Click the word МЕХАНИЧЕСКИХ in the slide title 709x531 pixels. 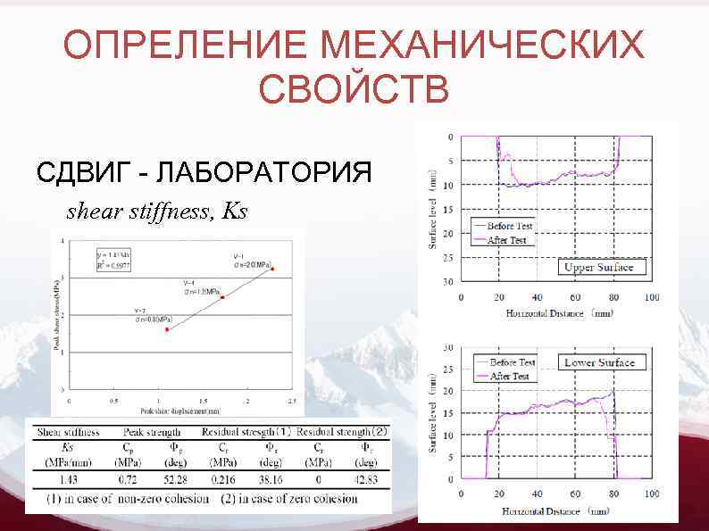[483, 46]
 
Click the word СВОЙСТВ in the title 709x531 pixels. [354, 89]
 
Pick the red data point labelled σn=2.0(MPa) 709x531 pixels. [272, 269]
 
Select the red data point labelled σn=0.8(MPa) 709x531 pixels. [166, 329]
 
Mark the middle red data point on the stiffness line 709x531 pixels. [221, 297]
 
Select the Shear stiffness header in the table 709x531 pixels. [69, 433]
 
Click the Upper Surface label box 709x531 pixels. [598, 267]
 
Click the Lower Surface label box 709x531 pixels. [598, 362]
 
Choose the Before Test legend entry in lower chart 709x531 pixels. [512, 363]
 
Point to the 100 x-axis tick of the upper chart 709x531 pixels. [652, 297]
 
